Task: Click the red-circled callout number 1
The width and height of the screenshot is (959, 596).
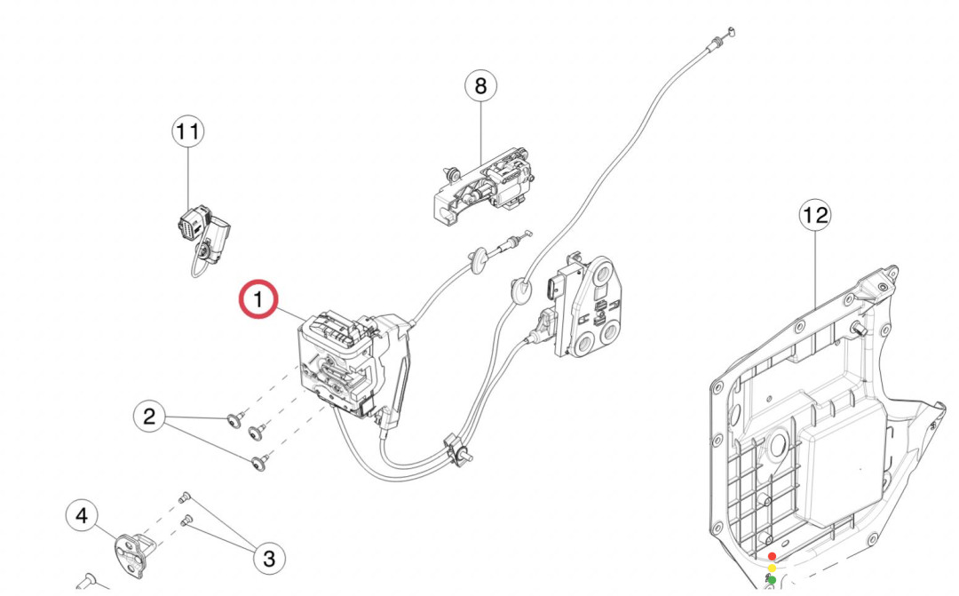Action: tap(258, 300)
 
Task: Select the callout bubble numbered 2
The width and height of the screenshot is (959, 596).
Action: tap(149, 416)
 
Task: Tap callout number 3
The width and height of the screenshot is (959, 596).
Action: tap(269, 558)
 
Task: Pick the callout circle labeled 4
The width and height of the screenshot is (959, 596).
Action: tap(83, 515)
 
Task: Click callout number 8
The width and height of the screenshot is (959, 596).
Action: tap(480, 86)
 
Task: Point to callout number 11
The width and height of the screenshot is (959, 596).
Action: tap(187, 132)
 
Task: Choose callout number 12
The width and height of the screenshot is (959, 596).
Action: tap(815, 215)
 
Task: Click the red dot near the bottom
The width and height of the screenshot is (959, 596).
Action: tap(772, 556)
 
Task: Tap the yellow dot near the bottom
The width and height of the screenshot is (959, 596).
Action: tap(772, 568)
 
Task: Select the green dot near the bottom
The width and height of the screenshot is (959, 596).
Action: tap(772, 580)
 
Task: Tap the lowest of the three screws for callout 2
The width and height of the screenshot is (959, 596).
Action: tap(259, 462)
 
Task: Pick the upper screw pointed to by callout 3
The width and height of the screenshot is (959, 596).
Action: tap(186, 496)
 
